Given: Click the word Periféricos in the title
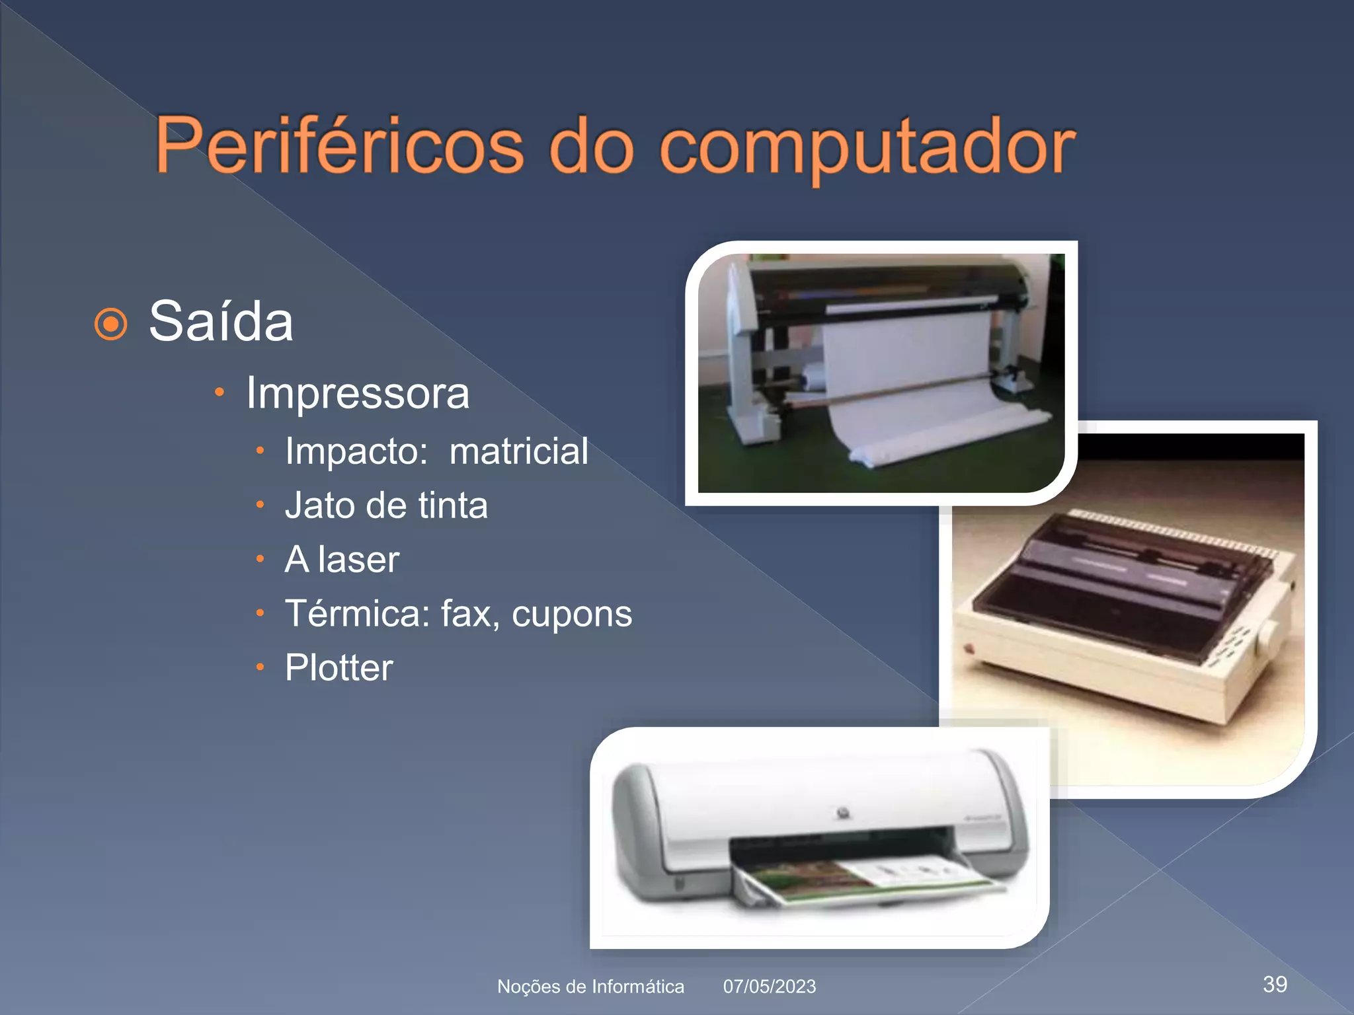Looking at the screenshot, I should tap(339, 146).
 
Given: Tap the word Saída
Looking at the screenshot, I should tap(221, 322).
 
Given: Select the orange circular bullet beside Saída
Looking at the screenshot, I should tap(110, 324).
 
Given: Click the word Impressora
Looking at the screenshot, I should tap(357, 394).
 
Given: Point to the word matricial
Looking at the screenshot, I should tap(518, 451).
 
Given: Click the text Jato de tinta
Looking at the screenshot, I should tap(386, 506).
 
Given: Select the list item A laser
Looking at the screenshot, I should tap(342, 560).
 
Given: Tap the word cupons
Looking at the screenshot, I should tap(572, 615).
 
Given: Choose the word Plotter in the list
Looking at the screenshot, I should tap(338, 667).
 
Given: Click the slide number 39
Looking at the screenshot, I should tap(1275, 984).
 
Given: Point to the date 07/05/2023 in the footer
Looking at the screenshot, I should tap(769, 987).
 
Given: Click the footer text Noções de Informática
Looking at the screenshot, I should tap(590, 987).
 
